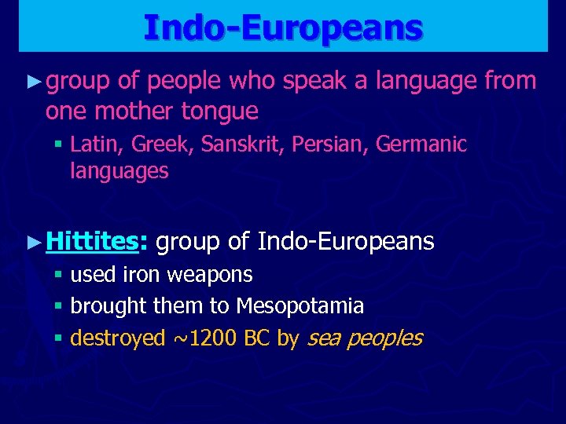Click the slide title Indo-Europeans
click(283, 27)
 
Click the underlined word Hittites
click(91, 242)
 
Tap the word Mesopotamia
click(300, 306)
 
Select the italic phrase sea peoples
click(365, 338)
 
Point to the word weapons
click(206, 276)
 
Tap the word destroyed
click(118, 338)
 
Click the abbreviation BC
click(258, 338)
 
